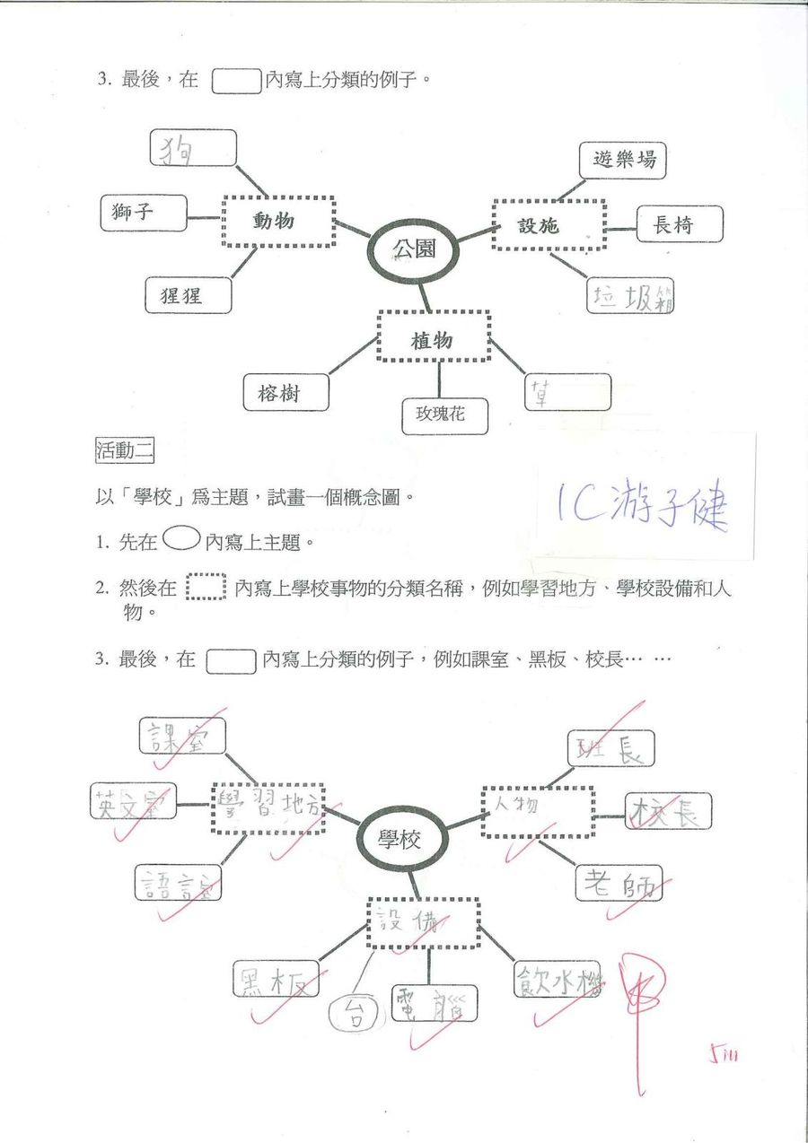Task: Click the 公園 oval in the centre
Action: (415, 248)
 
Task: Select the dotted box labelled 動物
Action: (278, 221)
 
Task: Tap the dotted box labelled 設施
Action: (549, 225)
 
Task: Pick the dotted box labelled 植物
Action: (434, 339)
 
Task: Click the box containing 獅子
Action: (143, 213)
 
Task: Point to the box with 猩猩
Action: (188, 295)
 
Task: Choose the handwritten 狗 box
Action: (192, 148)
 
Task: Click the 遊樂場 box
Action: (622, 161)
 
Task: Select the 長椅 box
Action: (679, 224)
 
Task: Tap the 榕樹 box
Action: (285, 392)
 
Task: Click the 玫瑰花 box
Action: (445, 415)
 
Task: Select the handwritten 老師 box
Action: (619, 883)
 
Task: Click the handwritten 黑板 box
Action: (277, 979)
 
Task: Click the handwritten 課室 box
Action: (182, 736)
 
